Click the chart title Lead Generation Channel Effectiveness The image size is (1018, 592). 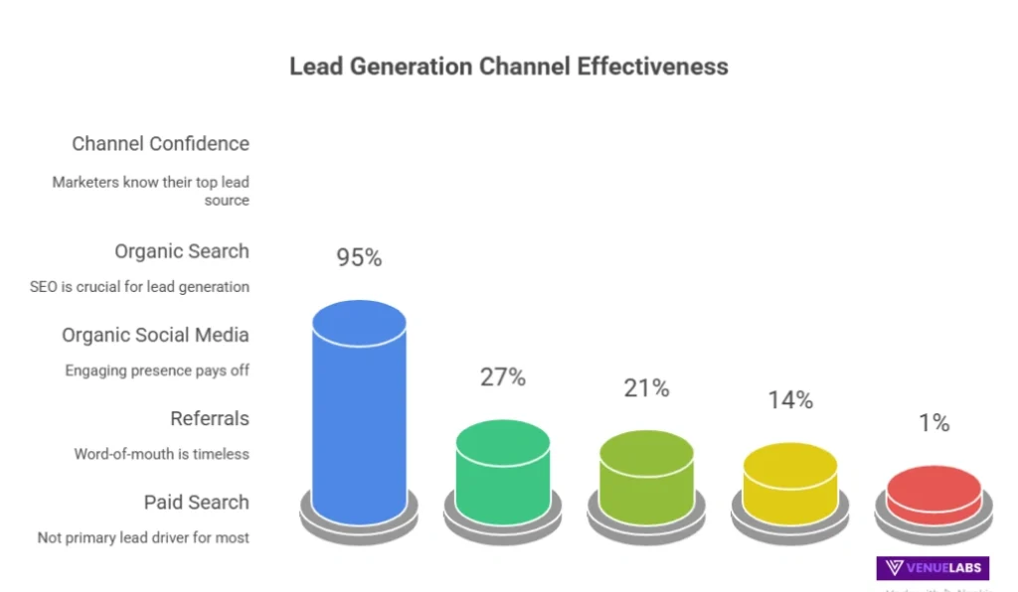click(508, 67)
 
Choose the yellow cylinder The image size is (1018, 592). click(790, 483)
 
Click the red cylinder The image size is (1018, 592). click(933, 495)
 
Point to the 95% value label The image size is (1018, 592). click(359, 257)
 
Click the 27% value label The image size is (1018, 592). click(503, 377)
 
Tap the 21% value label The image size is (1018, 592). click(646, 388)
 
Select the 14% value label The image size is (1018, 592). click(790, 400)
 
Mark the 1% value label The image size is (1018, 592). click(933, 423)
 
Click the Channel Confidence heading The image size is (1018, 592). click(160, 144)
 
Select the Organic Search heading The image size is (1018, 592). click(181, 251)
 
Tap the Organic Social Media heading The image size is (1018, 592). click(155, 335)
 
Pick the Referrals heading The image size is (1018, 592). click(209, 418)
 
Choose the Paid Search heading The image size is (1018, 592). click(196, 502)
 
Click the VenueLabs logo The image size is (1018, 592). click(933, 568)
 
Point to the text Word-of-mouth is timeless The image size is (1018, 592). click(161, 454)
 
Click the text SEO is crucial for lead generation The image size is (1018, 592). click(139, 287)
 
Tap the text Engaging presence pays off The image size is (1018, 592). click(157, 370)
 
